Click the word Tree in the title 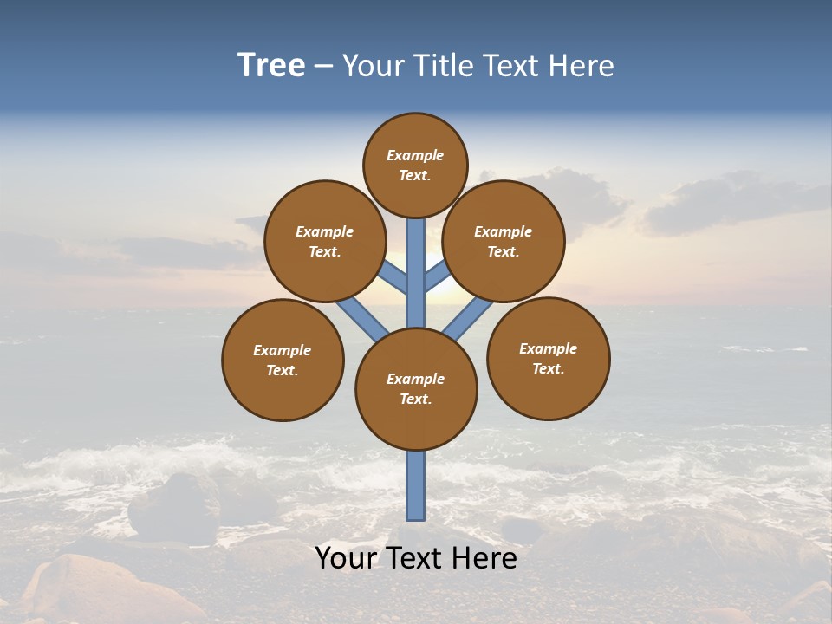coord(271,65)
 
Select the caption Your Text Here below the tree coord(416,558)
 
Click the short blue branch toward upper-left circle coord(393,278)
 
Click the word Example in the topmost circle coord(415,156)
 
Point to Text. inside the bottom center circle coord(415,400)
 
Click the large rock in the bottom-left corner coord(87,589)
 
